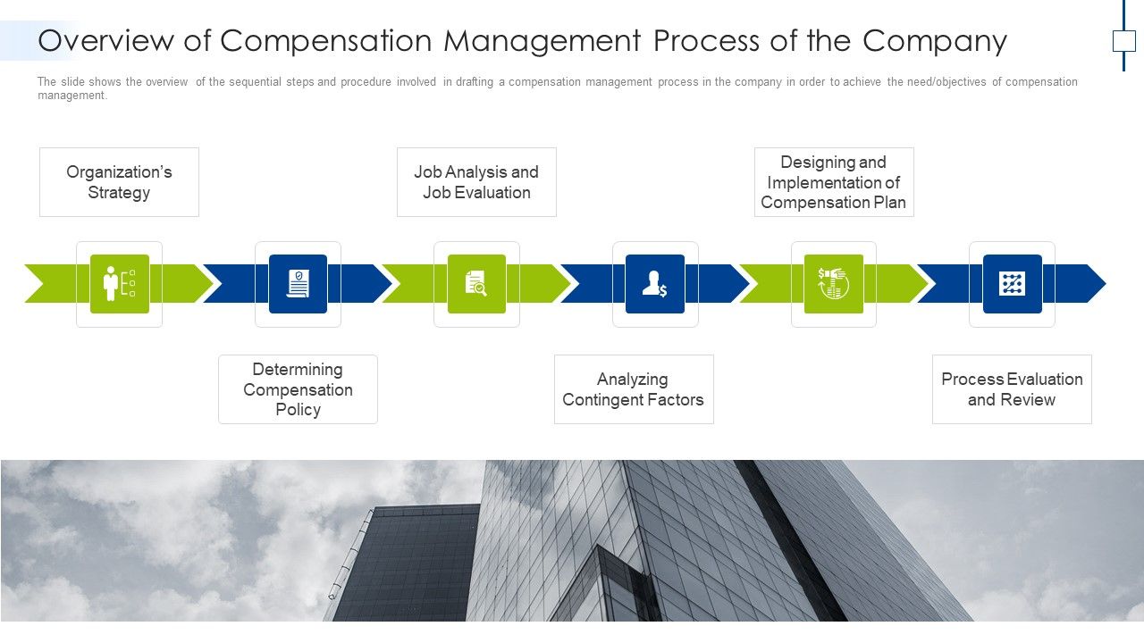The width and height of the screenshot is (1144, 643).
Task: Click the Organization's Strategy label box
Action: (119, 182)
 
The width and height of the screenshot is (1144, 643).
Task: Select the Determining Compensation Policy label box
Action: (298, 389)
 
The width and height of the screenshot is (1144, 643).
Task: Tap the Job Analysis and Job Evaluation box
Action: (476, 182)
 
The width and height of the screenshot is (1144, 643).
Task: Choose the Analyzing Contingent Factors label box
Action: (633, 389)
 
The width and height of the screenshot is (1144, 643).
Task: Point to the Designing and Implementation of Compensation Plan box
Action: (833, 182)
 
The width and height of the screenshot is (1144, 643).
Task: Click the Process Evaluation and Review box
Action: (1012, 389)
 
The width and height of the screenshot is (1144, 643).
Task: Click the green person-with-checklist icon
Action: (119, 284)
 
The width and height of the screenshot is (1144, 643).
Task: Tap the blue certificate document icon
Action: (298, 284)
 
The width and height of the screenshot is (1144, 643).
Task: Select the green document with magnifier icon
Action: (476, 284)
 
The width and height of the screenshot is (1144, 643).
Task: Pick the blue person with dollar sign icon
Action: (655, 284)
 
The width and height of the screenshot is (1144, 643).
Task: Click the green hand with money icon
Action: (833, 284)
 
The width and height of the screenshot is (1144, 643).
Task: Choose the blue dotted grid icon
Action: (1012, 284)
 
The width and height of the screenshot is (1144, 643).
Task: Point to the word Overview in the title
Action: (105, 41)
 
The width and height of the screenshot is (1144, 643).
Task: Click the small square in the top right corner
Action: (1123, 41)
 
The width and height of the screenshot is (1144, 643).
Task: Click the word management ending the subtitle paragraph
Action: (71, 96)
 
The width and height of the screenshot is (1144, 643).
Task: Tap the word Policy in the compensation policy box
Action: (298, 410)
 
